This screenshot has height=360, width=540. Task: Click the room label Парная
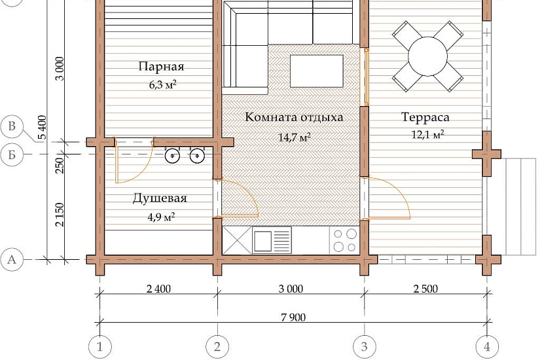161,67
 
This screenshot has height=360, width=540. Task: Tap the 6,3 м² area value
162,84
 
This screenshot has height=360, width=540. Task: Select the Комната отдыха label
294,117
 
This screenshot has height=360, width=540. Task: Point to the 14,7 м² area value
295,137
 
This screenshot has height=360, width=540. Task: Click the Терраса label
425,117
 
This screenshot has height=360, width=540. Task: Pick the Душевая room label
160,198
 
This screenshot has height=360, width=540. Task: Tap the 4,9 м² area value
161,217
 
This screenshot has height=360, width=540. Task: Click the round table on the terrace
427,56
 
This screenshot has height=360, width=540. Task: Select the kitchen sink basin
262,241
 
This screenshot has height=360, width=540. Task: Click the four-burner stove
344,240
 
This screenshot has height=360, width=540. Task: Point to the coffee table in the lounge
317,71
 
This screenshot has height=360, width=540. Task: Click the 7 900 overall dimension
293,317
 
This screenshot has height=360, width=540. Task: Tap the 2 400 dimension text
158,289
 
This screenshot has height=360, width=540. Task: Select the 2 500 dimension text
425,289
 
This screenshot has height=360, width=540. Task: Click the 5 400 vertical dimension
42,127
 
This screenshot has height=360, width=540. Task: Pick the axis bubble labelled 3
365,346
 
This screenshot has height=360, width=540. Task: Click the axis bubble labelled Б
12,154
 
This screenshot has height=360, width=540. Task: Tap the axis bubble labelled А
12,259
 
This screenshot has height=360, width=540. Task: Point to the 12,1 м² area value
427,134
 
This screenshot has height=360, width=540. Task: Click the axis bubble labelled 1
100,346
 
